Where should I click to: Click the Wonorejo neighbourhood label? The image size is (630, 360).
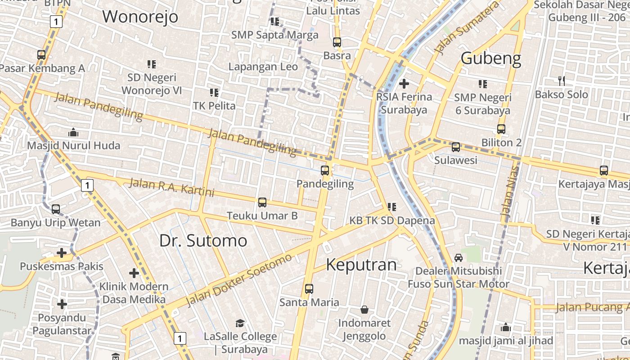[x=140, y=17]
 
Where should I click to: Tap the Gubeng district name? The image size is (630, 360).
[x=491, y=58]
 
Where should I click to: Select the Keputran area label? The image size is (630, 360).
[x=361, y=265]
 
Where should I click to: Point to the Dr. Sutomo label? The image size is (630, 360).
[x=203, y=241]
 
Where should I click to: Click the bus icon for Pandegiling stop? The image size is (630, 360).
[x=325, y=171]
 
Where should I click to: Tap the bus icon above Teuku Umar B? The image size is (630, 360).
[x=262, y=202]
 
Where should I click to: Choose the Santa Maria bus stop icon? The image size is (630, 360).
[x=309, y=289]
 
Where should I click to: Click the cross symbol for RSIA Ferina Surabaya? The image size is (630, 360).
[x=404, y=83]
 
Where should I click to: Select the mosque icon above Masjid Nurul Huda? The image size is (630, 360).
[x=73, y=132]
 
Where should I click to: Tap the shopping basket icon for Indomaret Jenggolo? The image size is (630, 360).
[x=364, y=310]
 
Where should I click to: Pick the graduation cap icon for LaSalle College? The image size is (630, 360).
[x=240, y=323]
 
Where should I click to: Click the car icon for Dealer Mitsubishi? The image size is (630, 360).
[x=458, y=257]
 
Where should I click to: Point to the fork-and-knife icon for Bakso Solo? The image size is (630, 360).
[x=561, y=81]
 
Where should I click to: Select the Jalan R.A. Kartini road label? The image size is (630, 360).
[x=171, y=187]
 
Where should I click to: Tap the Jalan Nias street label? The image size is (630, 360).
[x=509, y=193]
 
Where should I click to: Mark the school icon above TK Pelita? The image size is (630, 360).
[x=214, y=93]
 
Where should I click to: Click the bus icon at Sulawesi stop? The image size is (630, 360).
[x=456, y=147]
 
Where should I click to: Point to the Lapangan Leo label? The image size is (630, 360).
[x=263, y=67]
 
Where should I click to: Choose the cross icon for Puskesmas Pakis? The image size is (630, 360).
[x=62, y=253]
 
